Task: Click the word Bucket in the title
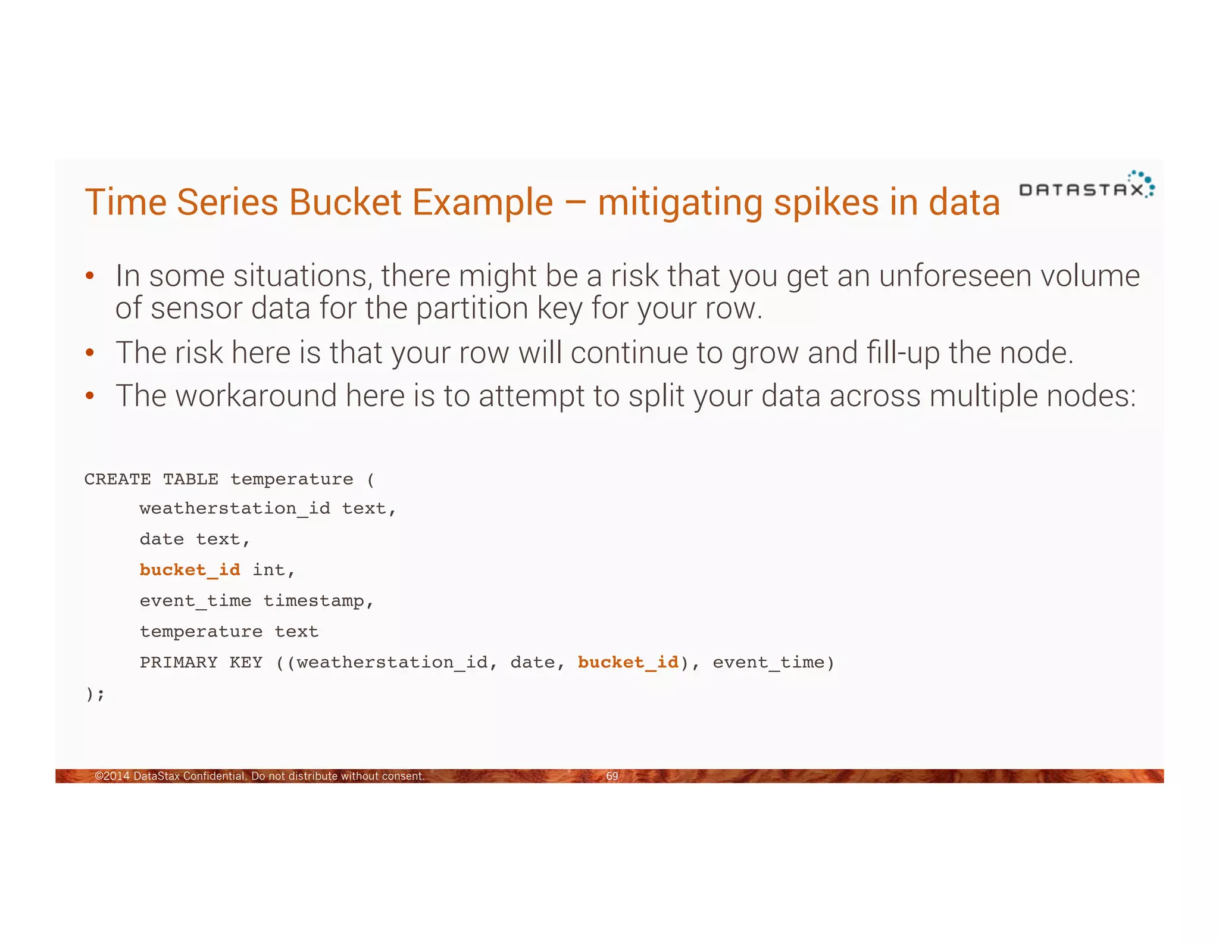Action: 345,202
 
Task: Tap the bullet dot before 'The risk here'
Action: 90,353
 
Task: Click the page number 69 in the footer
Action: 612,776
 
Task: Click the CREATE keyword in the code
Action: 117,479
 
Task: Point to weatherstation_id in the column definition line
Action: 235,509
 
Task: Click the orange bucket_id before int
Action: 190,570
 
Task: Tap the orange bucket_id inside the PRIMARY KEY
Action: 628,662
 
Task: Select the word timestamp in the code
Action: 314,601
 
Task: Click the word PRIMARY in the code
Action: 179,662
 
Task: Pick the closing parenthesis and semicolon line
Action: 95,694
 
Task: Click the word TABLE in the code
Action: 190,479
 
